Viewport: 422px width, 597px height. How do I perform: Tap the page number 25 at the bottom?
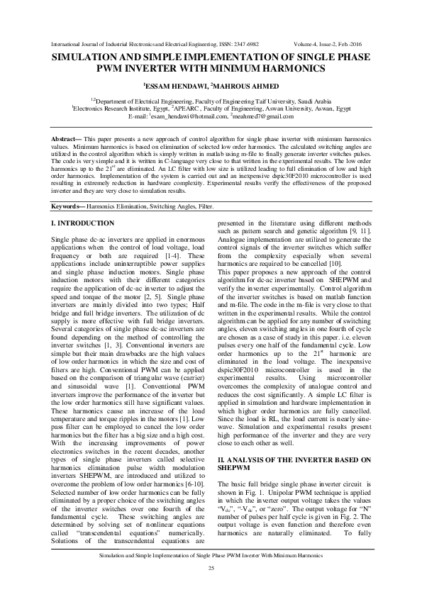pyautogui.click(x=211, y=569)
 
